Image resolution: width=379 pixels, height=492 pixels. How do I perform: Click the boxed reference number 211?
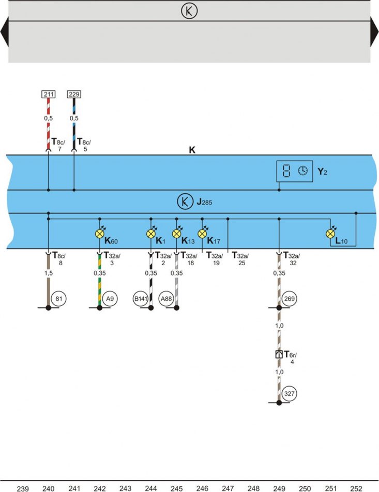coord(49,94)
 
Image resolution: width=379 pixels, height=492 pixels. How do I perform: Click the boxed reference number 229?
coord(74,94)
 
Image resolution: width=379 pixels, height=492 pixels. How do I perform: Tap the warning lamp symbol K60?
coord(100,234)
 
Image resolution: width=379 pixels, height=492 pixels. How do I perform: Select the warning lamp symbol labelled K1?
coord(151,234)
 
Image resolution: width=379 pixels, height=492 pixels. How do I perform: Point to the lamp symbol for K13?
coord(177,234)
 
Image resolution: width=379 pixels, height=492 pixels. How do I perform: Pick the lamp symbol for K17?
coord(202,234)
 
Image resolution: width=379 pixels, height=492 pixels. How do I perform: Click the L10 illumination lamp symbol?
coord(330,234)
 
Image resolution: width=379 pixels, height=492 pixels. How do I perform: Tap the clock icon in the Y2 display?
coord(302,171)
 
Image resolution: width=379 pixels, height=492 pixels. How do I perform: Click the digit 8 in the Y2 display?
coord(286,171)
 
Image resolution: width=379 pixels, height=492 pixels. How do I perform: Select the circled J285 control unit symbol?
coord(185,202)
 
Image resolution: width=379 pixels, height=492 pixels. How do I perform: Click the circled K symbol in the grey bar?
coord(189,11)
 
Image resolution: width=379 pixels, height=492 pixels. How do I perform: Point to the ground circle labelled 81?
coord(59,298)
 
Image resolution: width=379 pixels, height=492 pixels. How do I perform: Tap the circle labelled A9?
coord(110,298)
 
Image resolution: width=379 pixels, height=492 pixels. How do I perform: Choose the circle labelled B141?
coord(141,298)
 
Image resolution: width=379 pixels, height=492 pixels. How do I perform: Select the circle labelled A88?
coord(166,298)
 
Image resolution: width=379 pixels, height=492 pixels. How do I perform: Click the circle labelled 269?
coord(289,298)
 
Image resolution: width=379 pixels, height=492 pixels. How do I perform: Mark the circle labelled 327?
coord(289,393)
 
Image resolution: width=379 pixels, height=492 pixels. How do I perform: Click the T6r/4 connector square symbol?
coord(279,354)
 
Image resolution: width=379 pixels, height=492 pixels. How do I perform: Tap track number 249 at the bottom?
coord(279,488)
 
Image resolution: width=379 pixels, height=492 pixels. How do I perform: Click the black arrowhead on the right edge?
coord(374,32)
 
